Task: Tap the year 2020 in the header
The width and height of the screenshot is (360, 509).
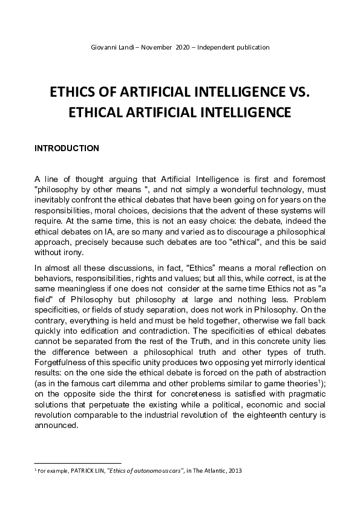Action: [x=182, y=47]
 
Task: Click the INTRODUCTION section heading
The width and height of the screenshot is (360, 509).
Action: [x=67, y=148]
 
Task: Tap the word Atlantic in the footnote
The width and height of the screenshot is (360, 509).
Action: [x=212, y=470]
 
